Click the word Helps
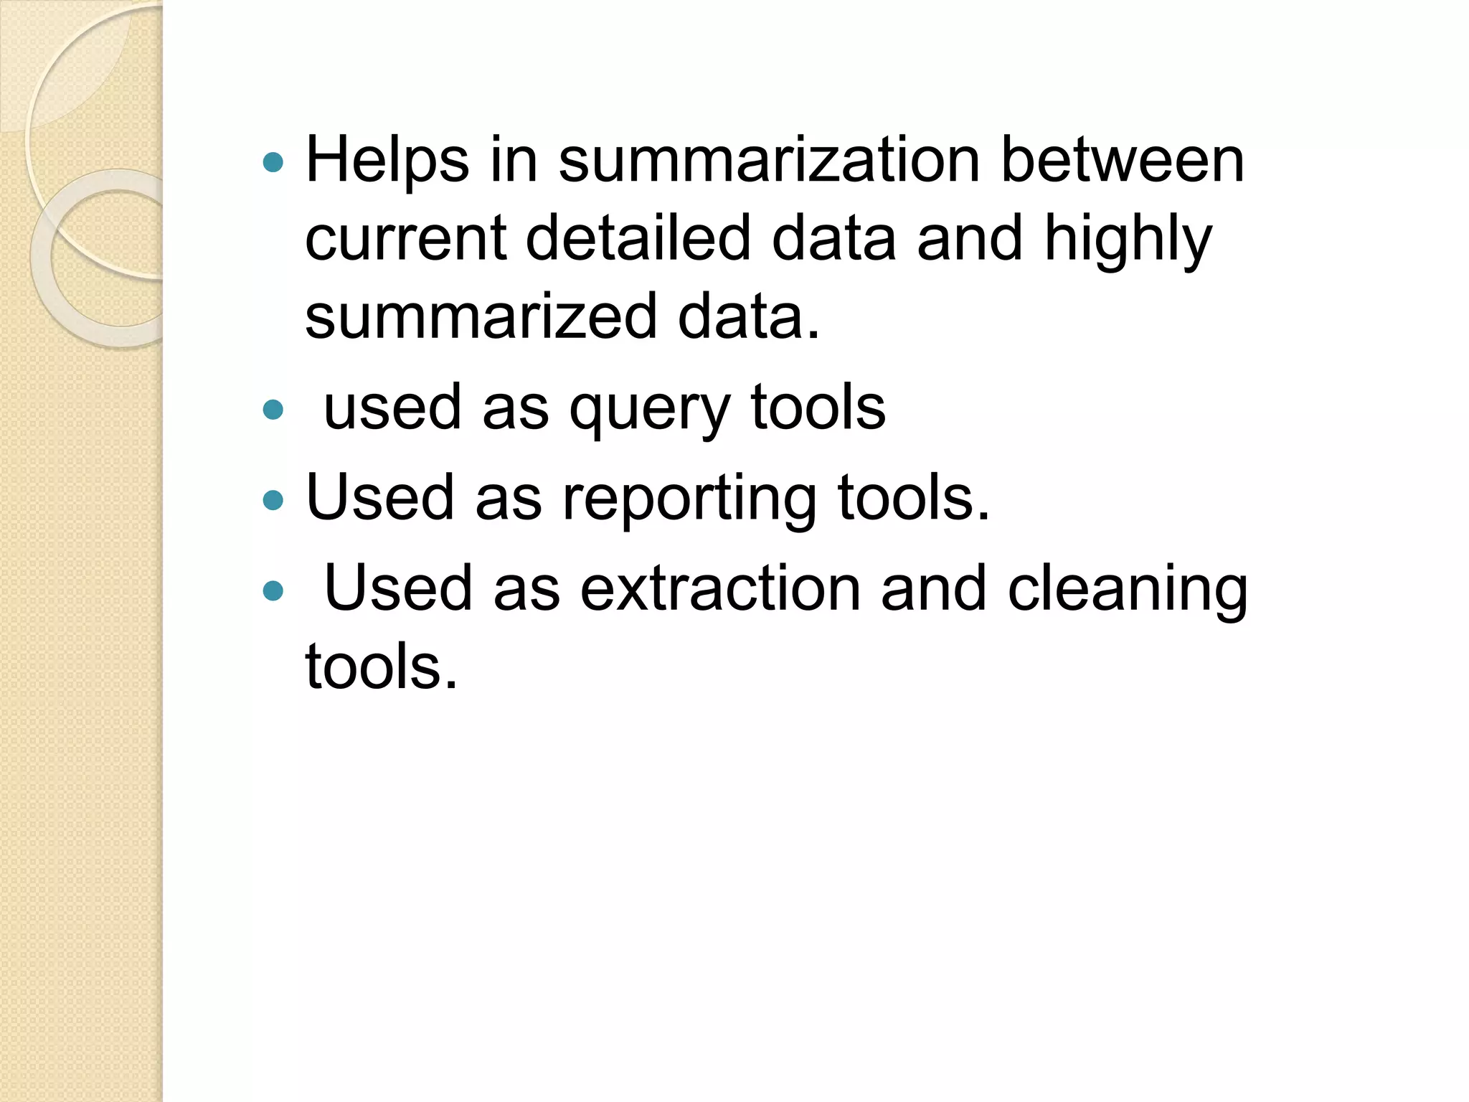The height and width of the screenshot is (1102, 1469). click(387, 161)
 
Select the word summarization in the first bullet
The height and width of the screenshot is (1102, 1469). click(769, 161)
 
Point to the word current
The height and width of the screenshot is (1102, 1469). click(406, 239)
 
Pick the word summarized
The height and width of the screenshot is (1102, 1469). click(481, 316)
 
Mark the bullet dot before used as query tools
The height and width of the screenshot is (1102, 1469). click(273, 410)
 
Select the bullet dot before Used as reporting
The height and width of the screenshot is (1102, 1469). click(273, 500)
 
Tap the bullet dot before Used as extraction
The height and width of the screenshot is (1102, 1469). click(273, 591)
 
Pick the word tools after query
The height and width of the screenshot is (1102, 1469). click(818, 408)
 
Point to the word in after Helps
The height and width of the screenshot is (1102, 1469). click(514, 160)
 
